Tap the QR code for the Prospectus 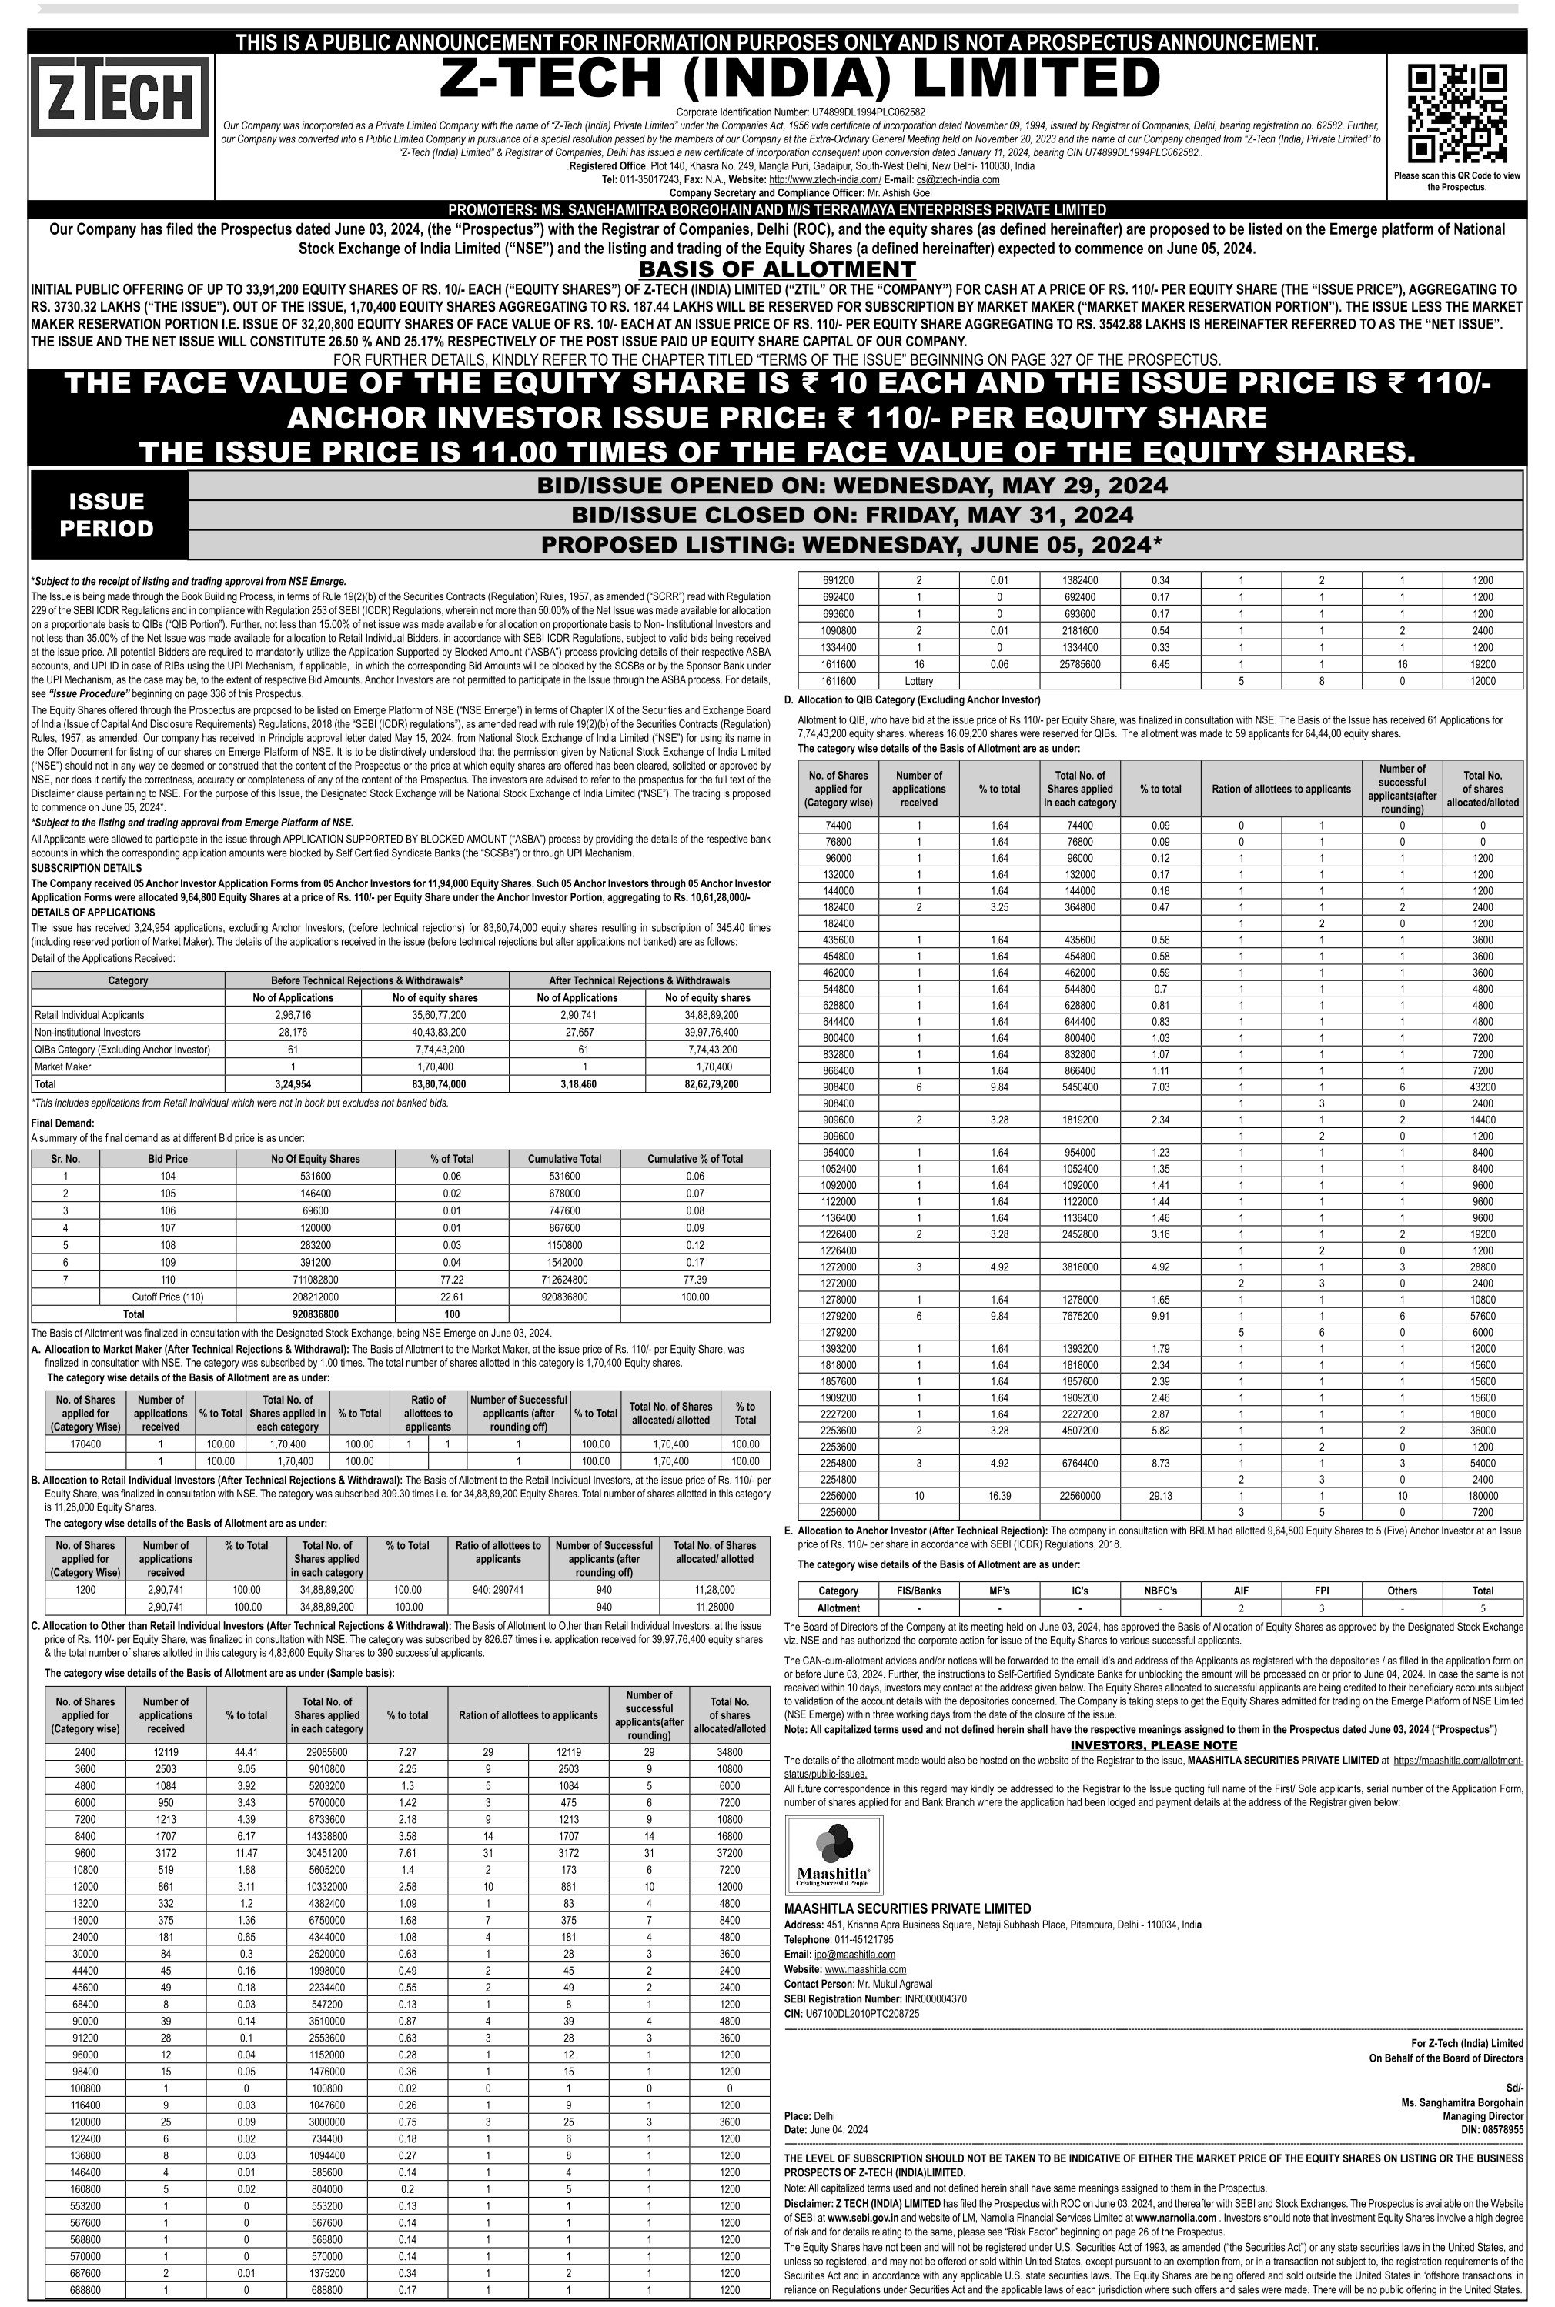(1456, 113)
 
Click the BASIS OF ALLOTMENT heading (777, 269)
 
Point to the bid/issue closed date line (852, 516)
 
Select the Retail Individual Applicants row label (89, 1015)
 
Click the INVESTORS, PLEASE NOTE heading (1153, 1745)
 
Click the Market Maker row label (62, 1066)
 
